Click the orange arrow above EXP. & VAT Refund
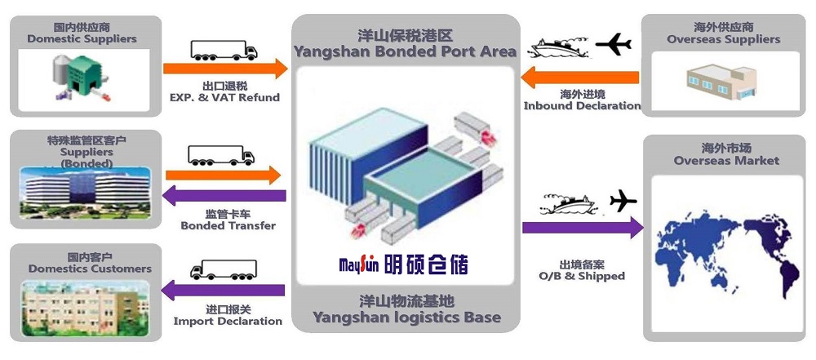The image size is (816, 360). tap(225, 69)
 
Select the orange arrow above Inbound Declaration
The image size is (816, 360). tap(580, 78)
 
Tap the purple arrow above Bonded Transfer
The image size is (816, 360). tap(224, 196)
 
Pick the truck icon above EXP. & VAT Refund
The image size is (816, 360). tap(224, 50)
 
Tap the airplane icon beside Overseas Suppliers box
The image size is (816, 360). tap(614, 43)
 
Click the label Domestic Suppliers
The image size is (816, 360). tap(82, 38)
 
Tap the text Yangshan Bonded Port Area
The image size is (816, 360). tap(405, 51)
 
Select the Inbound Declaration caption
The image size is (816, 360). tap(582, 105)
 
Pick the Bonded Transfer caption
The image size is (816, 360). tap(228, 225)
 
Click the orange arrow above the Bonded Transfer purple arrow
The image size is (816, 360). tap(224, 175)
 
